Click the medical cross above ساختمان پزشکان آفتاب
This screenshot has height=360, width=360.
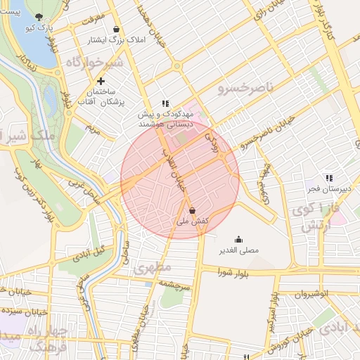coord(101,82)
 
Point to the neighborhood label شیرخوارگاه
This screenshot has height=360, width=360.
coord(94,63)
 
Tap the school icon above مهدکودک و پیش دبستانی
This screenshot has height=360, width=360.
coord(165,103)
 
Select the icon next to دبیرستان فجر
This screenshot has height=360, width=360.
coord(328,179)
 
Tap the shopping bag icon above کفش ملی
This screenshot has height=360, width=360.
coord(192,210)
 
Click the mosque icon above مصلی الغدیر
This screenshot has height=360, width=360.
coord(238,239)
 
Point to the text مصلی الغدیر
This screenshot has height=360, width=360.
coord(238,250)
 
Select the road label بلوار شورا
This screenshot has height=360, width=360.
coord(233,271)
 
